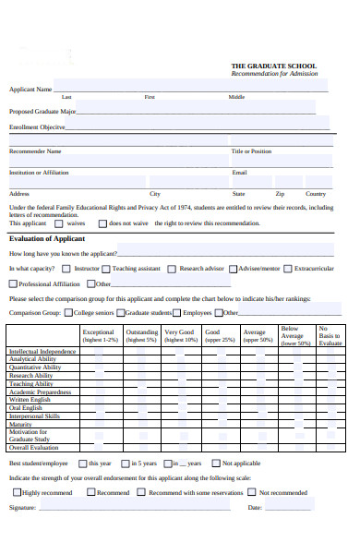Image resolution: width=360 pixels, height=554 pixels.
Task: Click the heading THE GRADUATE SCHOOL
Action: pos(273,66)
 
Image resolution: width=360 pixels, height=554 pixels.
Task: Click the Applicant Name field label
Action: pos(30,90)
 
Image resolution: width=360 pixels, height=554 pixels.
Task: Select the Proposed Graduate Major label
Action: pos(42,111)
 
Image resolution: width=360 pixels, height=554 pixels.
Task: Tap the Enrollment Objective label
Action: pos(37,127)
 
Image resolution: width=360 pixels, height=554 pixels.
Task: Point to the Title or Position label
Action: pos(251,151)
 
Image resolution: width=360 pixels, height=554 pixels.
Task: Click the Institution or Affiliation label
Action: pos(39,172)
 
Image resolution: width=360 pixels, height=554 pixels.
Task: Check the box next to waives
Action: pos(57,223)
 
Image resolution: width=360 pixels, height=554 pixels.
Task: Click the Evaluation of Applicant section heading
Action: pos(46,238)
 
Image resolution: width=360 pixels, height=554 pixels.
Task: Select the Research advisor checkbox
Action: pos(172,269)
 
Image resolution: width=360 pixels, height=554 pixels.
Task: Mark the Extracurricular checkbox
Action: pos(288,269)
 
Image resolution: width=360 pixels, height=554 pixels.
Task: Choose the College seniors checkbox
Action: pos(68,313)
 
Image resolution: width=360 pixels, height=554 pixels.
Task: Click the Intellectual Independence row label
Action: pos(42,352)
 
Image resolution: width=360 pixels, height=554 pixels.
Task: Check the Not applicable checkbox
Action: pos(215,464)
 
